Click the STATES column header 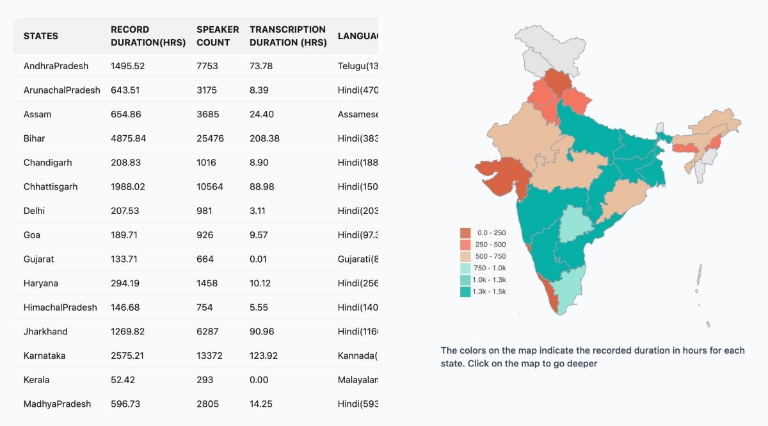tap(41, 36)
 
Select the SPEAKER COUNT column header tap(218, 36)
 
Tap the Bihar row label tap(35, 138)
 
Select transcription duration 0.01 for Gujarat tap(259, 259)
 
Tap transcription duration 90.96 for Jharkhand tap(262, 332)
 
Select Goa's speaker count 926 tap(205, 235)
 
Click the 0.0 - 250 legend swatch tap(465, 233)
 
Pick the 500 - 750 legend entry tap(490, 256)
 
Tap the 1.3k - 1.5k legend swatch tap(465, 291)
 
